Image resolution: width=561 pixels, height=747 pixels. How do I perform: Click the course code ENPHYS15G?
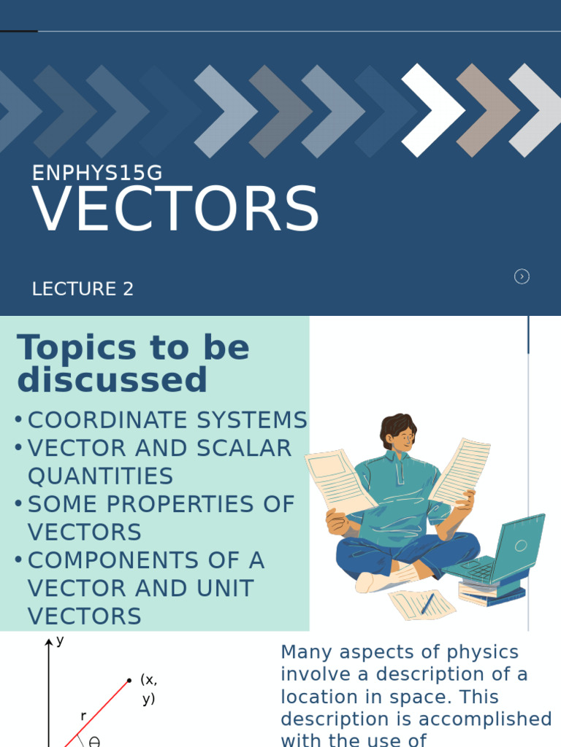point(97,173)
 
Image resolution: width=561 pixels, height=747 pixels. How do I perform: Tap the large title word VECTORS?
point(176,210)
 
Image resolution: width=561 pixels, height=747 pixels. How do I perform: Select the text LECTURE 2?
point(83,289)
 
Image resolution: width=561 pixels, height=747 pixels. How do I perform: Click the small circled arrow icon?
point(522,276)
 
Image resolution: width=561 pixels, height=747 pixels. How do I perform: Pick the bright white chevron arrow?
point(432,109)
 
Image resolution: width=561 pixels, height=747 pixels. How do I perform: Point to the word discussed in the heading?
point(112,380)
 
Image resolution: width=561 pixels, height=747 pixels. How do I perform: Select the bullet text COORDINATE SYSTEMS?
point(167,420)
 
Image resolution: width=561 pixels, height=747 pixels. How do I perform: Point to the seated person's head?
point(398,432)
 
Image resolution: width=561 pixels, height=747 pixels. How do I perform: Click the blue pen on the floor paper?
point(427,603)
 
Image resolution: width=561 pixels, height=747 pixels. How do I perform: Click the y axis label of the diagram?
point(60,640)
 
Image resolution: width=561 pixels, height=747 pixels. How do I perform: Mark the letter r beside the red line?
point(83,716)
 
